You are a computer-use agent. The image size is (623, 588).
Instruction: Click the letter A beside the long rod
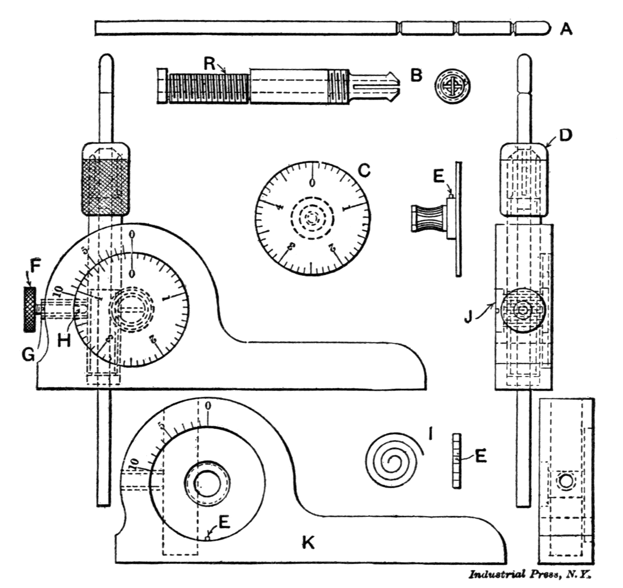point(566,28)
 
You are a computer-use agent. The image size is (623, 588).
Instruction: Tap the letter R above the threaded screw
point(209,64)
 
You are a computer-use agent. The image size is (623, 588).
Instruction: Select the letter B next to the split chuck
point(416,76)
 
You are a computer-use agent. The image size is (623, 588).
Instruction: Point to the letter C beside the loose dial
point(364,170)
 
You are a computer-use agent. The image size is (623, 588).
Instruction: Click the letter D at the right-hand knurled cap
point(565,135)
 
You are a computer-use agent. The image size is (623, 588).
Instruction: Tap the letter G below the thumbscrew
point(28,355)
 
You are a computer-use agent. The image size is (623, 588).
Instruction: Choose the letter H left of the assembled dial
point(64,340)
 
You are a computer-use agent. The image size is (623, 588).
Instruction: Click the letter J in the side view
point(468,317)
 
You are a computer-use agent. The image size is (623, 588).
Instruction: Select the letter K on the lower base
point(308,542)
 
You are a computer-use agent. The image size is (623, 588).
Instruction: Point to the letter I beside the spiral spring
point(430,433)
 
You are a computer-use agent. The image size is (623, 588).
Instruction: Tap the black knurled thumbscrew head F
point(30,309)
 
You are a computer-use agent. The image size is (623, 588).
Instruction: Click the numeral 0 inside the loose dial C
point(312,183)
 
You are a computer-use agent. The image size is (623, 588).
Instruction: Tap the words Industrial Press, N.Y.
point(530,574)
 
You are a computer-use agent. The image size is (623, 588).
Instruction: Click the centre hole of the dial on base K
point(207,483)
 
